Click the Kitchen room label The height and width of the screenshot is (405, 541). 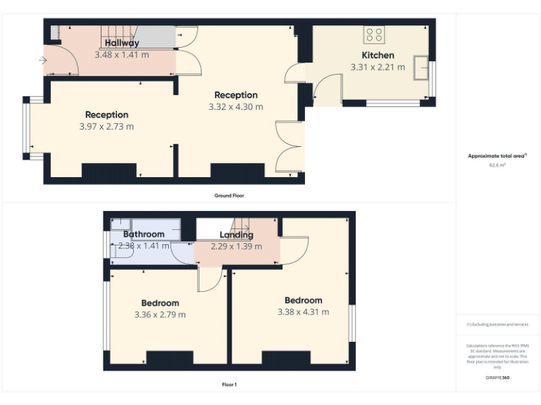click(x=378, y=55)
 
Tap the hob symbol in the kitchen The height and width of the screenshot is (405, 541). click(x=373, y=34)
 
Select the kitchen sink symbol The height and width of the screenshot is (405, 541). click(x=422, y=68)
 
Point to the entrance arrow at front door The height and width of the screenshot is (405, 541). click(x=43, y=61)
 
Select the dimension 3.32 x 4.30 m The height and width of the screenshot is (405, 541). click(x=236, y=107)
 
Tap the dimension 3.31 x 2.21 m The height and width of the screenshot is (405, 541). click(x=378, y=67)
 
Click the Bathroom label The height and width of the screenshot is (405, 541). click(x=144, y=234)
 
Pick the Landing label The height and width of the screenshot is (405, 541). click(x=236, y=235)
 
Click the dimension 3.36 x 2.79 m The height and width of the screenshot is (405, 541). click(x=160, y=314)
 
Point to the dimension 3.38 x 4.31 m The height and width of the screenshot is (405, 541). click(x=303, y=312)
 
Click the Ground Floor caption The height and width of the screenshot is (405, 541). click(x=229, y=195)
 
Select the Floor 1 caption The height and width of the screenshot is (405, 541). click(x=229, y=385)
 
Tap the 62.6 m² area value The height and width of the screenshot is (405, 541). click(x=497, y=165)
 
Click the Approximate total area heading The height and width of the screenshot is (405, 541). click(x=497, y=156)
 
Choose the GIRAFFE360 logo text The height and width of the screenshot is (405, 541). click(x=497, y=378)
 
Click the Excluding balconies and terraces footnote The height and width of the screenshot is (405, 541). click(x=497, y=324)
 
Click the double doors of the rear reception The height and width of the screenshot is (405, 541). click(x=289, y=147)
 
